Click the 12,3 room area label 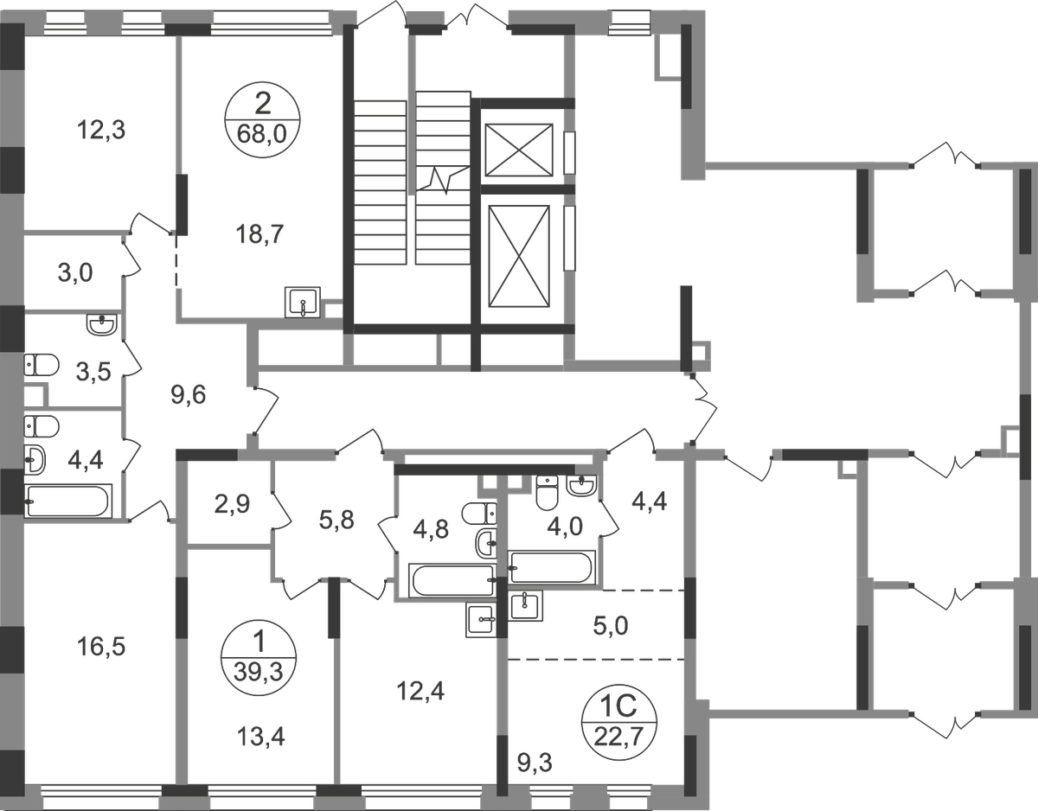pos(101,131)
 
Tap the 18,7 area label pos(259,234)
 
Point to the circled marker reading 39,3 pos(259,658)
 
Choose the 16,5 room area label pos(101,648)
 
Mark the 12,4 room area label pos(420,691)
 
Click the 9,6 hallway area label pos(189,395)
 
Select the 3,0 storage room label pos(75,273)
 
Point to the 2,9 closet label pos(232,504)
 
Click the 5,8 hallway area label pos(336,520)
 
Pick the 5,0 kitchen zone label pos(611,626)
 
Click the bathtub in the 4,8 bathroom pos(452,580)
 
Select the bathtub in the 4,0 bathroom pos(551,567)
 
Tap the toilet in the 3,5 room pos(41,365)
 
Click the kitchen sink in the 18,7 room pos(303,302)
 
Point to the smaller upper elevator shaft pos(519,150)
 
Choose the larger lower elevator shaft pos(519,256)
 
